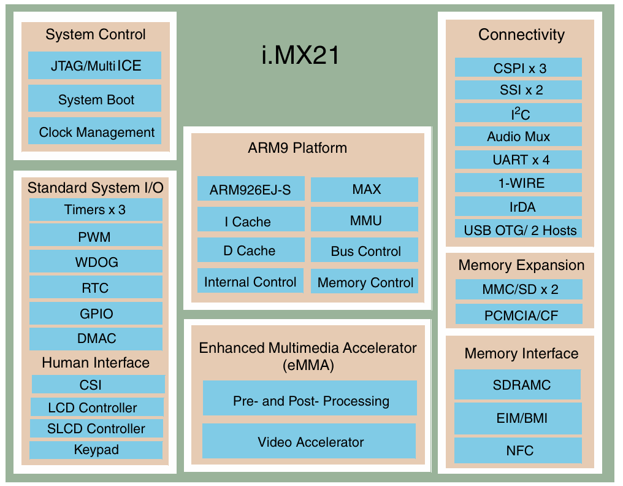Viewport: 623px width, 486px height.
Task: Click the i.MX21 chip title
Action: [x=300, y=56]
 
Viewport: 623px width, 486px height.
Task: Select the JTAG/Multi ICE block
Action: [x=94, y=66]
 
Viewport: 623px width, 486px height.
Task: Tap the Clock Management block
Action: [x=94, y=132]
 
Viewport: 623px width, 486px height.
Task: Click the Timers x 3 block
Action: [x=96, y=210]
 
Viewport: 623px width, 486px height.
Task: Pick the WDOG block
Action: [x=96, y=262]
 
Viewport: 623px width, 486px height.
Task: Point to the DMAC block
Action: [x=96, y=339]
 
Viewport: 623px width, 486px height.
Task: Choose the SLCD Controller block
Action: [x=97, y=428]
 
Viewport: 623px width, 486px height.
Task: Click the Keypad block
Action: [x=96, y=450]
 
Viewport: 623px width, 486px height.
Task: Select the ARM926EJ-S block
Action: [x=250, y=190]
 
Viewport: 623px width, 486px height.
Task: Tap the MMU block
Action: [x=365, y=220]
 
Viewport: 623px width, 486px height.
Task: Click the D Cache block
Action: [x=250, y=250]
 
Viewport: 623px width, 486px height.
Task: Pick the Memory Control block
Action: [x=365, y=283]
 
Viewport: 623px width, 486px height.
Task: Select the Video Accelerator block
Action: [x=310, y=442]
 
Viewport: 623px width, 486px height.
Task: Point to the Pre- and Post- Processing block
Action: [x=310, y=401]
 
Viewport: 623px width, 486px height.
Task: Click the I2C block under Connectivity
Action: [x=519, y=114]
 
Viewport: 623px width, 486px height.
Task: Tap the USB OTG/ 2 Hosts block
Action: [x=519, y=231]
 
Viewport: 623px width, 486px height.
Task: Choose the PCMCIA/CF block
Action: [x=519, y=315]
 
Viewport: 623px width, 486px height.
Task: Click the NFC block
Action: [x=519, y=451]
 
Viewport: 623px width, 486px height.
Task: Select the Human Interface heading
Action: [x=96, y=363]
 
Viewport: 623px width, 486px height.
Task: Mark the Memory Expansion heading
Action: [x=521, y=265]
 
